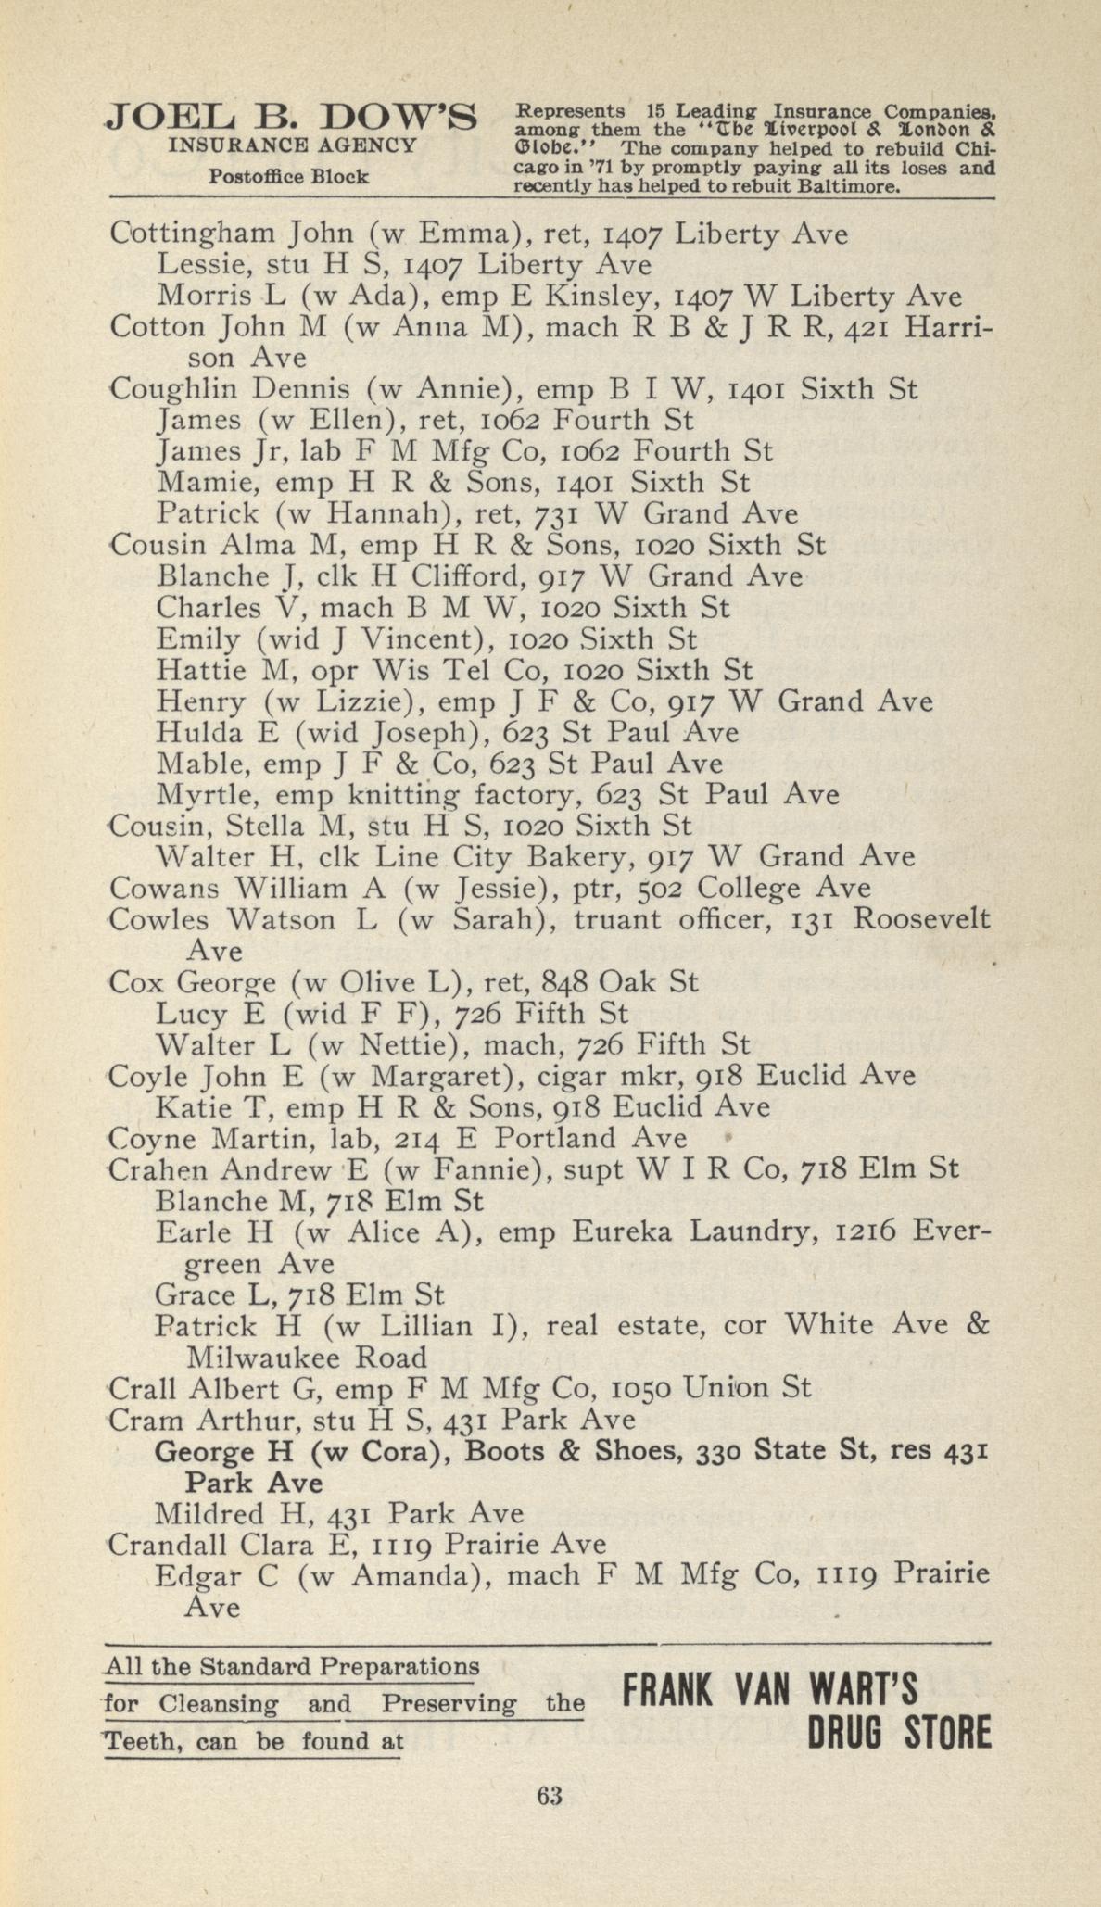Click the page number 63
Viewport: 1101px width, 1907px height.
coord(550,1795)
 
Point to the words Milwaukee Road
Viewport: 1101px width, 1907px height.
coord(307,1358)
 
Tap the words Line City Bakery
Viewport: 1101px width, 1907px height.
coord(507,857)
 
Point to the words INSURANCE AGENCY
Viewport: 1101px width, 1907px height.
coord(292,145)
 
